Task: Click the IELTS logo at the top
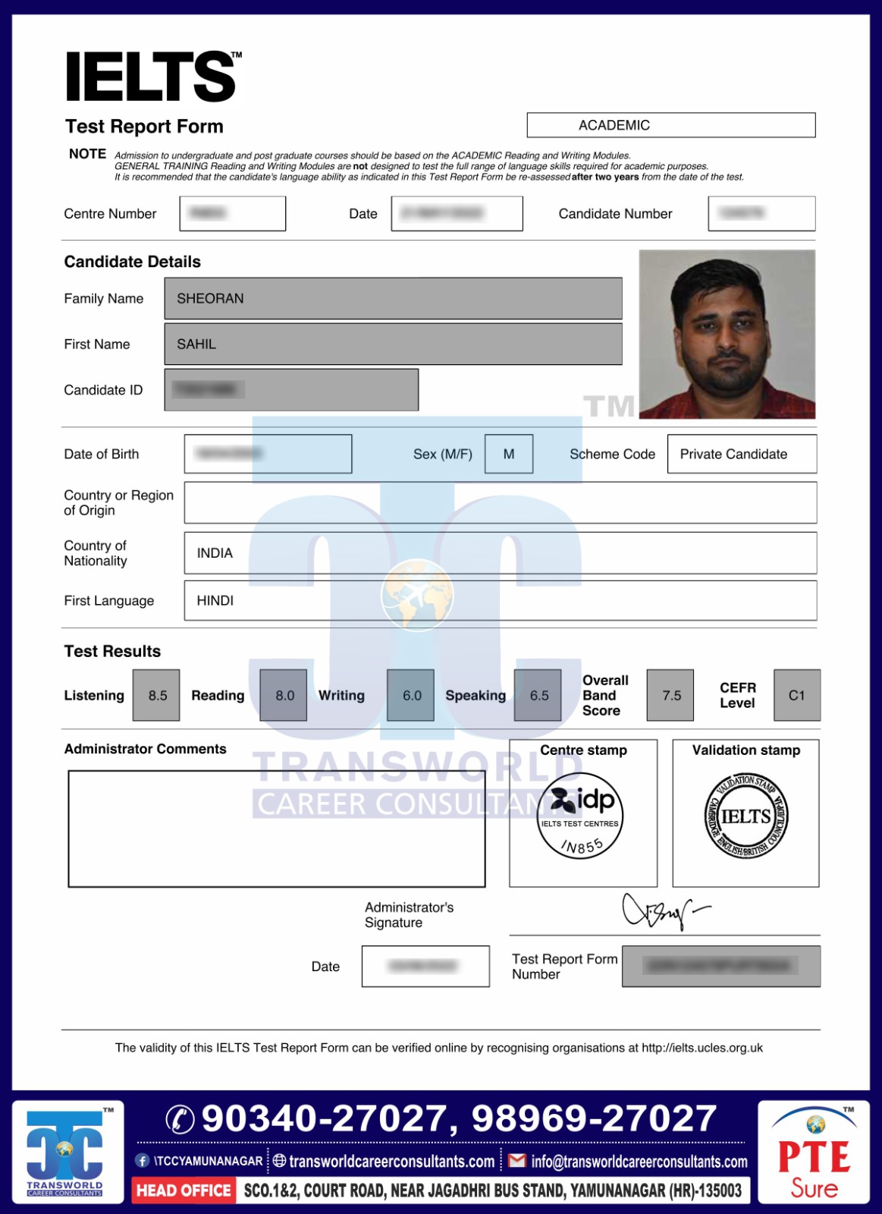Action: (x=152, y=77)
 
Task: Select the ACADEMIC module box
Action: (x=670, y=125)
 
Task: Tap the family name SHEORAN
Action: (x=211, y=299)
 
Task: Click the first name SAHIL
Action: (x=197, y=344)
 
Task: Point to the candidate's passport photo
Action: (x=727, y=335)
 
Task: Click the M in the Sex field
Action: (x=509, y=454)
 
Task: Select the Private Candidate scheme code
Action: (x=733, y=454)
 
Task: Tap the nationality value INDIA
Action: (x=215, y=553)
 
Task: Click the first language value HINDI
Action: (x=215, y=601)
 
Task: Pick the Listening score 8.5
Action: (x=157, y=695)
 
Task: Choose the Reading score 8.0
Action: (x=284, y=695)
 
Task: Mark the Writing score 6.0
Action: (x=411, y=695)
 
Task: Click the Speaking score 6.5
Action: (x=538, y=695)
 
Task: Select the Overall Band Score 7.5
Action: (x=671, y=695)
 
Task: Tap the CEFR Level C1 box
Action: (x=796, y=695)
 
